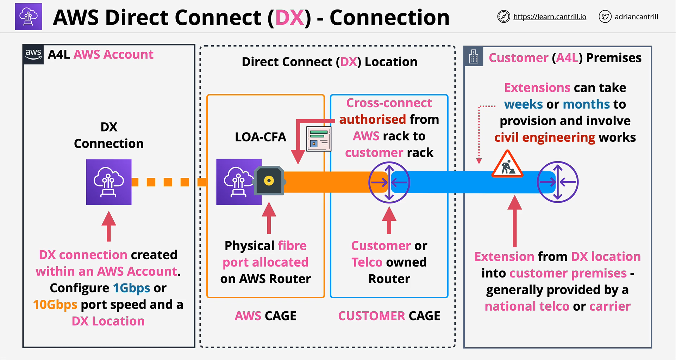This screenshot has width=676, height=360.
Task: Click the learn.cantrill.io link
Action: click(x=550, y=17)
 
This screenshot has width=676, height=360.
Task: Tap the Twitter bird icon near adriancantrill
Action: click(x=605, y=17)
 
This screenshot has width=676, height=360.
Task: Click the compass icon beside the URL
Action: click(x=503, y=17)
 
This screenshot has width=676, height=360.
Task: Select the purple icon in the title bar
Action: click(x=29, y=17)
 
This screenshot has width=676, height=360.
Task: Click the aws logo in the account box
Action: click(x=33, y=54)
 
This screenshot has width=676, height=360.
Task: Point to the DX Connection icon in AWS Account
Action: click(x=109, y=182)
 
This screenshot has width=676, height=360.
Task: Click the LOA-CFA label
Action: click(x=260, y=137)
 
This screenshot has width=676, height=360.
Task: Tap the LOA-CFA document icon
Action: click(x=319, y=139)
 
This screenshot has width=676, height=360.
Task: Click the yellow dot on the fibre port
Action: click(x=269, y=181)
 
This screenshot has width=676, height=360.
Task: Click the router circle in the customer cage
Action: click(x=389, y=182)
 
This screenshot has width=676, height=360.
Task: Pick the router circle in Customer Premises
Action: click(x=558, y=182)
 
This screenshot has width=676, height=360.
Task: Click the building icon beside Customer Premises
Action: click(x=474, y=56)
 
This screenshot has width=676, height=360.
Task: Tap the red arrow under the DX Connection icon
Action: click(x=109, y=226)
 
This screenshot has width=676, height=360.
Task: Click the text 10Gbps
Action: click(x=55, y=305)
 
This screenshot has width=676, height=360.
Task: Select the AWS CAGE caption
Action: click(x=265, y=316)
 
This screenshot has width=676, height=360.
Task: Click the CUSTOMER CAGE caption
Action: click(x=389, y=316)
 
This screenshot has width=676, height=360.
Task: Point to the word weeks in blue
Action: click(x=523, y=104)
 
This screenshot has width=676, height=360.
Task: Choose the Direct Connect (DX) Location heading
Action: click(x=329, y=62)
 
